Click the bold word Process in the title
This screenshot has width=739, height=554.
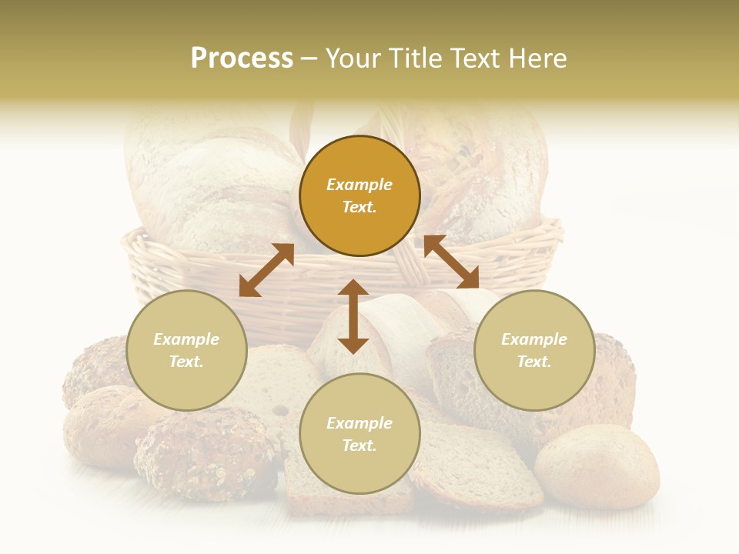242,58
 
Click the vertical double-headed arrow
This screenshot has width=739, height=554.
353,317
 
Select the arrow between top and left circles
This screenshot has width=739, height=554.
266,270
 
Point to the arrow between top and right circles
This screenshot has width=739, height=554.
452,262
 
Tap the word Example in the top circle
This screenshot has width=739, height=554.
359,185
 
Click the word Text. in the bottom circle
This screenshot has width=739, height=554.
359,446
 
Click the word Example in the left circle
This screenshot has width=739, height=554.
186,339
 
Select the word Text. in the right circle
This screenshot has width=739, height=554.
534,362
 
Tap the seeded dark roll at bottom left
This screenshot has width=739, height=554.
204,454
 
